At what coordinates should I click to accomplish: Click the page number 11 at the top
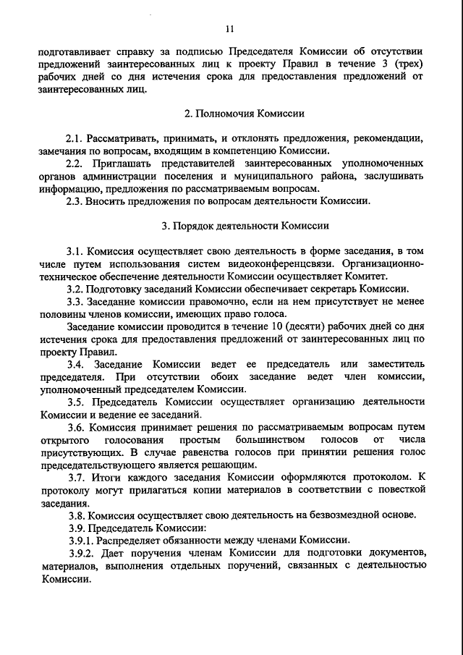pyautogui.click(x=230, y=30)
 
